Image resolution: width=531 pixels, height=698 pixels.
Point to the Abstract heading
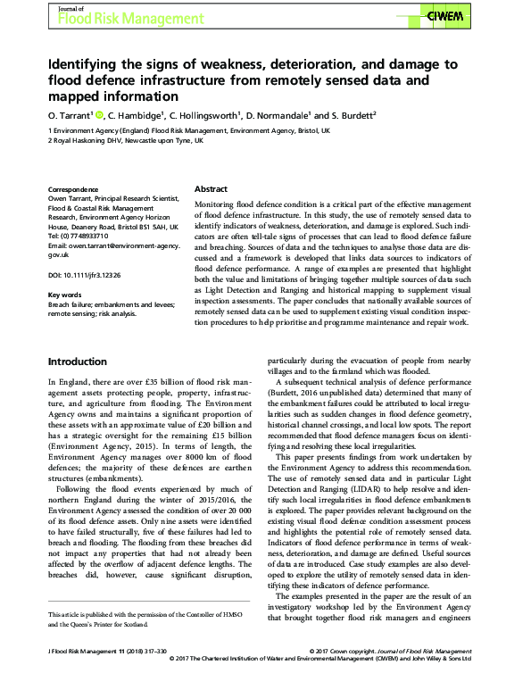click(x=212, y=190)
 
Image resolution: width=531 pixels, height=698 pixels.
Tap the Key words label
click(x=65, y=294)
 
